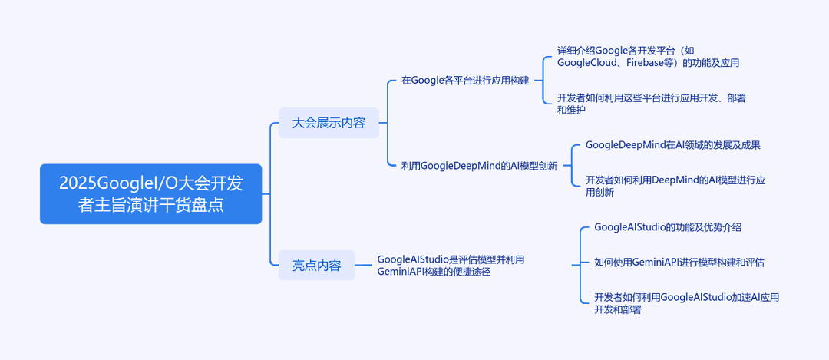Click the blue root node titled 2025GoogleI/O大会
coord(150,194)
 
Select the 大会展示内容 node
coord(329,123)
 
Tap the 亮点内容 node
coord(317,266)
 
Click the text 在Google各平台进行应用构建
coord(465,81)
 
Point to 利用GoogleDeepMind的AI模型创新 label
coord(480,166)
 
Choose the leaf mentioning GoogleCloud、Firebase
coord(648,57)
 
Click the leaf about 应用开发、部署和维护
coord(652,104)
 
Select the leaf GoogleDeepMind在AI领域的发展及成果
coord(673,145)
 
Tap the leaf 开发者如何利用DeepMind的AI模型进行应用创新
coord(675,186)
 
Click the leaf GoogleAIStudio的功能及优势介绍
coord(668,227)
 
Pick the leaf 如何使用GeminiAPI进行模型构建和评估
coord(679,263)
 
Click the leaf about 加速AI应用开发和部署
coord(687,303)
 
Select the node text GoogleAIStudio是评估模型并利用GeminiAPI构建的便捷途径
coord(451,266)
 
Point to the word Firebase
coord(646,63)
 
